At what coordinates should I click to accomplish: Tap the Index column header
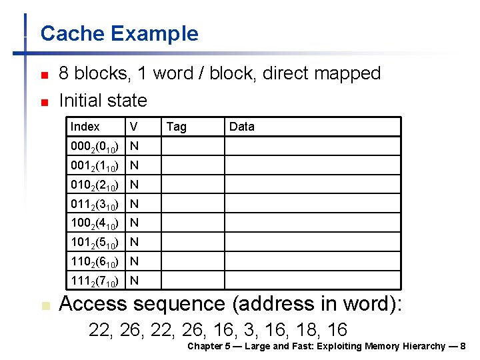(85, 127)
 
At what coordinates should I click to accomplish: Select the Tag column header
(176, 127)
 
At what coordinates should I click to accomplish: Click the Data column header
(241, 127)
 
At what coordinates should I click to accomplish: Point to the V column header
(134, 127)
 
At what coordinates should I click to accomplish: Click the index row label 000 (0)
(95, 146)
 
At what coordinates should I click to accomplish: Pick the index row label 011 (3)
(95, 204)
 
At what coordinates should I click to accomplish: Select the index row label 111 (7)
(95, 281)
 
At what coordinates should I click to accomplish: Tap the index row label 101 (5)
(95, 242)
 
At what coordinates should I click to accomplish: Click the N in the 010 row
(134, 185)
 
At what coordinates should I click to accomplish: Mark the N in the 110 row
(134, 261)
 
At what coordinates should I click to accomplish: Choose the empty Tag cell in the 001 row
(192, 165)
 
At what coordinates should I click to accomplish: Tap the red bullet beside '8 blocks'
(43, 75)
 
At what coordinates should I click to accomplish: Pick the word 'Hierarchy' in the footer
(425, 346)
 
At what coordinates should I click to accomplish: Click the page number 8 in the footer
(463, 346)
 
